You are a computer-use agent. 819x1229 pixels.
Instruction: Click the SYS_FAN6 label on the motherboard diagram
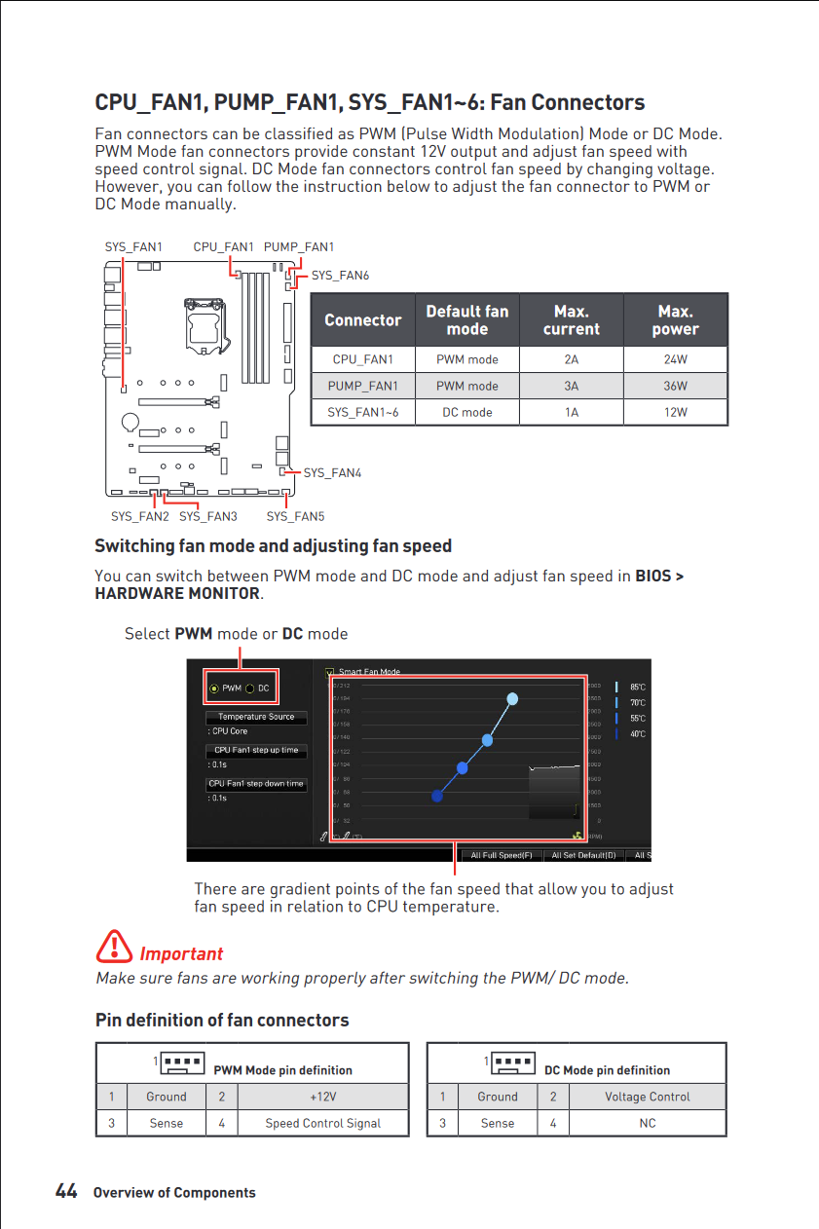(340, 276)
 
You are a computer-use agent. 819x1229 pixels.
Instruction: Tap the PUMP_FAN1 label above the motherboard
(299, 247)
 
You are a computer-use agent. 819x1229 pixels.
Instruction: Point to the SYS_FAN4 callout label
(332, 473)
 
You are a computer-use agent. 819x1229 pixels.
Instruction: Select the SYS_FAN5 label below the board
(296, 516)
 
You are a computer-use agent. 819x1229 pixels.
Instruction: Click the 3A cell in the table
(572, 386)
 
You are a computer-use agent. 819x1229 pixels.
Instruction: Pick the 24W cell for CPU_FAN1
(675, 359)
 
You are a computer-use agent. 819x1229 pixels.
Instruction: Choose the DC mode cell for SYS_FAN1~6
(467, 412)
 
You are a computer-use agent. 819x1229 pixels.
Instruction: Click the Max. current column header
(572, 320)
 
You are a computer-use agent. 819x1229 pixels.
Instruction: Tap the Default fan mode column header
(467, 320)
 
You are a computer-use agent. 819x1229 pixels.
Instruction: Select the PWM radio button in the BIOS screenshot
(214, 689)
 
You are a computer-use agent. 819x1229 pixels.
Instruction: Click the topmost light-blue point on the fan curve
(513, 698)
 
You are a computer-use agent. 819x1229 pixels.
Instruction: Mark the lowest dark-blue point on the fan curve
(437, 796)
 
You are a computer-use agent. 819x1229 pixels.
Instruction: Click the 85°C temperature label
(638, 688)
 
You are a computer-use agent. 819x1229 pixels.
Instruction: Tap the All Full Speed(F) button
(502, 855)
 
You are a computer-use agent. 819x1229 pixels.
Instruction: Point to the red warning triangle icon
(115, 947)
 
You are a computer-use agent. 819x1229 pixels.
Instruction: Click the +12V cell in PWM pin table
(323, 1097)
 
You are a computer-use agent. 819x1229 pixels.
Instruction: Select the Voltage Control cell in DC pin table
(648, 1097)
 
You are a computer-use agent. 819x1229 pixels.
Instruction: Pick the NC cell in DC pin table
(648, 1123)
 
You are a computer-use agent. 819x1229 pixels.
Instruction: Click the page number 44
(66, 1191)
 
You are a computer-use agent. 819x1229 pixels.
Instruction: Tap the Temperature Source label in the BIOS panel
(256, 717)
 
